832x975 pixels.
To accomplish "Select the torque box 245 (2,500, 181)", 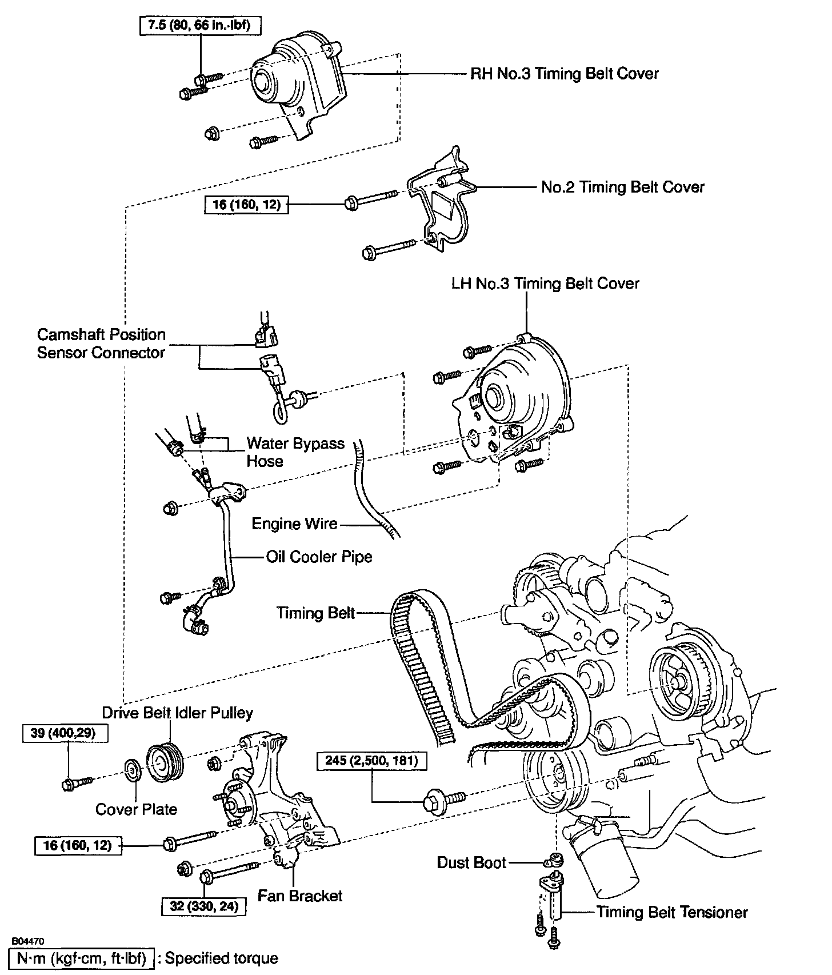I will pos(371,761).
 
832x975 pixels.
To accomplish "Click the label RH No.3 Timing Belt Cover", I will pos(564,74).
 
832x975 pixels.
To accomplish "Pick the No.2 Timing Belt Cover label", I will pos(622,187).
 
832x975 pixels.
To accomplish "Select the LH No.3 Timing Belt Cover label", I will pos(545,283).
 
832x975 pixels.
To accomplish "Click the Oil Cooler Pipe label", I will pos(319,557).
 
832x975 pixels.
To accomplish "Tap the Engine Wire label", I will pos(294,524).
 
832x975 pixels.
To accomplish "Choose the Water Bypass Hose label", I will pos(295,452).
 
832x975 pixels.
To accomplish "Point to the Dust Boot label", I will pos(471,862).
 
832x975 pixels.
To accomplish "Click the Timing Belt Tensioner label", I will pos(672,912).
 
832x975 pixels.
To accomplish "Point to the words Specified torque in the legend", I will pos(222,958).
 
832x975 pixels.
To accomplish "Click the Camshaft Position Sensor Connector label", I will pos(101,343).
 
